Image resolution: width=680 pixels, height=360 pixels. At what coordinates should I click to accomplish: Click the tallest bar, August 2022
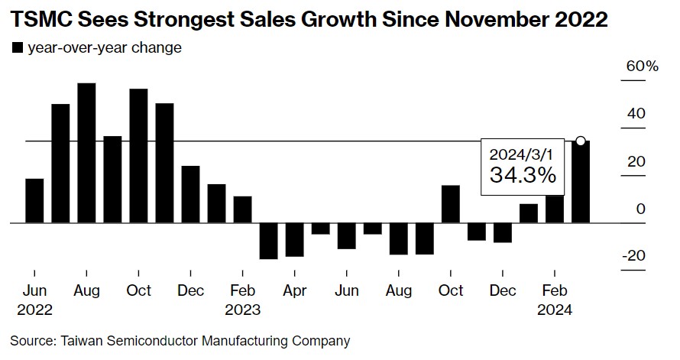point(86,153)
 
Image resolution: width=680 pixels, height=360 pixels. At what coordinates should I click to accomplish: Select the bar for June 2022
point(34,200)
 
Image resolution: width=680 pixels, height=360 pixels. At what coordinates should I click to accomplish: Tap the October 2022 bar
point(138,156)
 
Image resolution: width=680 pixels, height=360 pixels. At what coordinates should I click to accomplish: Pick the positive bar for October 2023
point(451,204)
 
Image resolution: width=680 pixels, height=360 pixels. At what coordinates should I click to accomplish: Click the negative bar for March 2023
point(268,241)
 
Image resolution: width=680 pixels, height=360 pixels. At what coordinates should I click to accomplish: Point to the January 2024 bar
point(529,213)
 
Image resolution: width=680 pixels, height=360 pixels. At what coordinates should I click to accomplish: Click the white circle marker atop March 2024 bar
point(581,141)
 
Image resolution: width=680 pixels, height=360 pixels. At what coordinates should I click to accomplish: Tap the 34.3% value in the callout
point(523,176)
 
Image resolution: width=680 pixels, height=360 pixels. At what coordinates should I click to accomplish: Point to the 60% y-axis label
point(642,66)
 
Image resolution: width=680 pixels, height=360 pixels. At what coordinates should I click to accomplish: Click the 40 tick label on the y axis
point(636,114)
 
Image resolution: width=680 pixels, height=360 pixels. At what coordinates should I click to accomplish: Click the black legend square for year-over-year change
point(17,48)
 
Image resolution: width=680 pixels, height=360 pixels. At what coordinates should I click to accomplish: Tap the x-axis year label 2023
point(242,310)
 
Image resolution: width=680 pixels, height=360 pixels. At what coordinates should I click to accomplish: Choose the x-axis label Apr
point(294,291)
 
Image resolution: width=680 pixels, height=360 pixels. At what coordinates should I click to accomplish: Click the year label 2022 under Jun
point(34,310)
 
